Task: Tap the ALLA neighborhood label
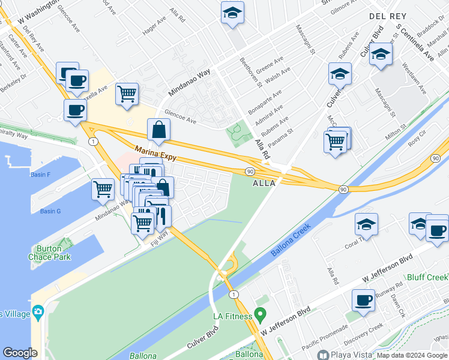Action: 265,183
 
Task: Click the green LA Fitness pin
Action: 260,314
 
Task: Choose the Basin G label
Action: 50,211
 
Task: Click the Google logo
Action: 20,353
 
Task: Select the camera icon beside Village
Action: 38,311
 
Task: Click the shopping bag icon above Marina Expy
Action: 158,129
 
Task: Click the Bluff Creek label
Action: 427,278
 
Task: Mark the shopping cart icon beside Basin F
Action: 103,189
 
